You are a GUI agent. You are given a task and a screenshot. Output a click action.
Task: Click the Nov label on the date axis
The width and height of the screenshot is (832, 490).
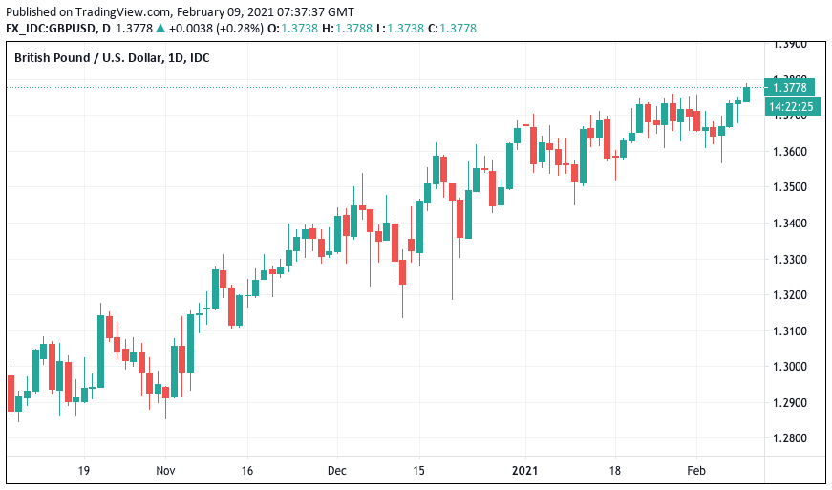165,471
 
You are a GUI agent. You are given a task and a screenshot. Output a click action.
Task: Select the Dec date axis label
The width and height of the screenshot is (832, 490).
336,471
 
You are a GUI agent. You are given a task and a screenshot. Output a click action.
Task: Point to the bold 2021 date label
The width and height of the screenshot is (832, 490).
525,471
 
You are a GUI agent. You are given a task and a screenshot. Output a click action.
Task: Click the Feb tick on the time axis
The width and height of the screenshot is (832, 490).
697,471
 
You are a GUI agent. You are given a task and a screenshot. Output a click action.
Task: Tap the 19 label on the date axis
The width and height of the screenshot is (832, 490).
84,471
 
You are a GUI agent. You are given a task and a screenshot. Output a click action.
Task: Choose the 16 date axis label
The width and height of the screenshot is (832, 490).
246,471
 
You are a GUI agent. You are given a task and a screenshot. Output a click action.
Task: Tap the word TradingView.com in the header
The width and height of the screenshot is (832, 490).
114,11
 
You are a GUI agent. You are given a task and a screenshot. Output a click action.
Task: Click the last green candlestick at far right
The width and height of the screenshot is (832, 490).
746,93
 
